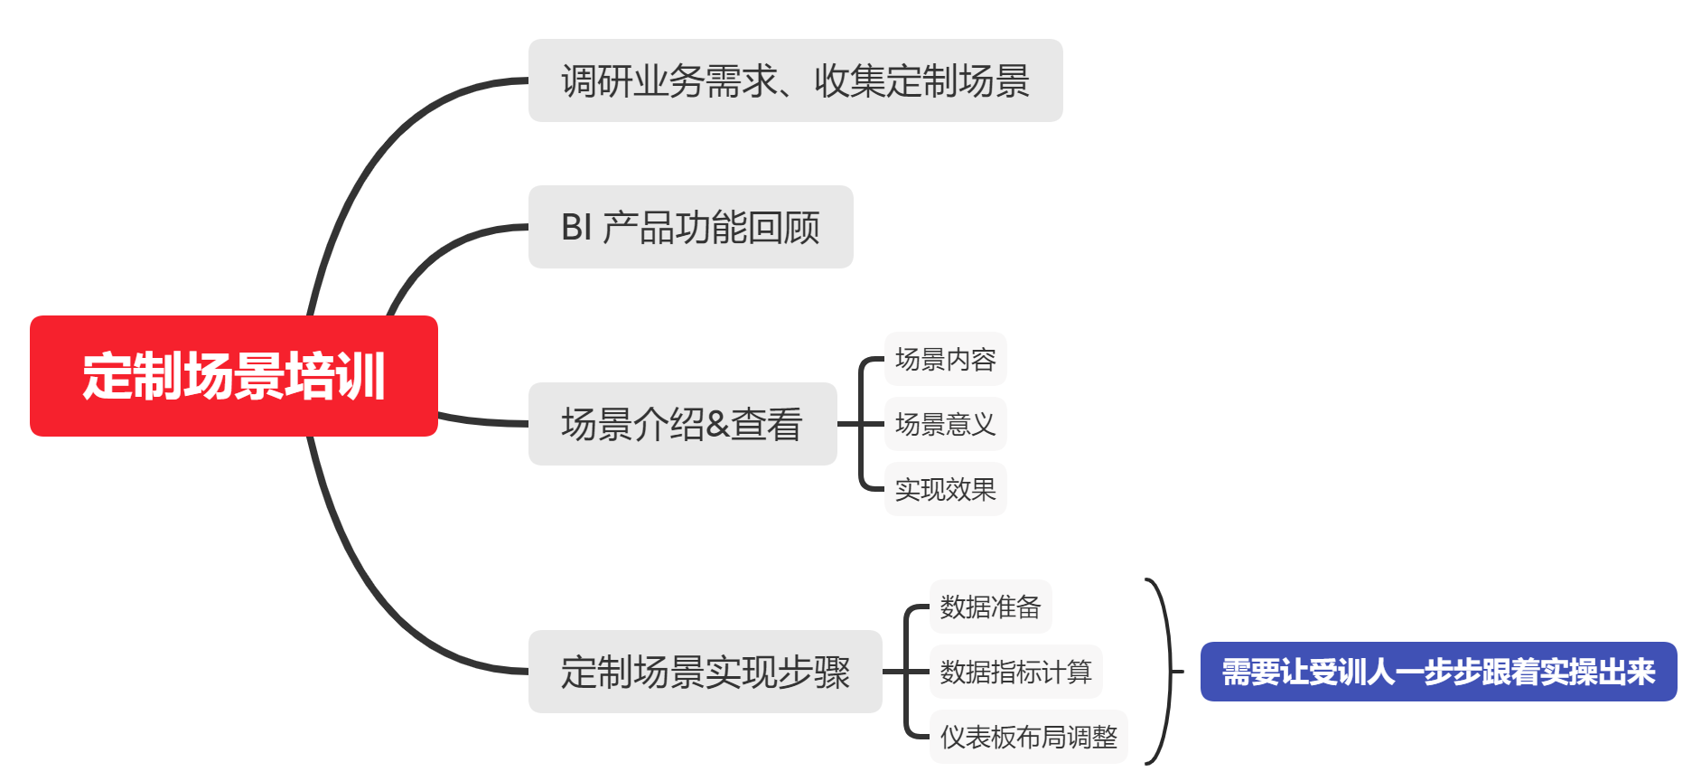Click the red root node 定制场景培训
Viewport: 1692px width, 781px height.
tap(233, 376)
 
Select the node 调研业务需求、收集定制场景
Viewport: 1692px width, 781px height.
tap(795, 80)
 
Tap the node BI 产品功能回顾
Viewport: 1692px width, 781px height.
tap(690, 227)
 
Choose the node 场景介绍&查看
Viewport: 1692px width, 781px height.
tap(682, 424)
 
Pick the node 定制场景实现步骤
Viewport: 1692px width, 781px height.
tap(705, 672)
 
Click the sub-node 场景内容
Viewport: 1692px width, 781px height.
tap(945, 359)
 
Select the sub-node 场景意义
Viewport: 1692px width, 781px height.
tap(945, 424)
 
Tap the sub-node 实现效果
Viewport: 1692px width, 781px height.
tap(945, 489)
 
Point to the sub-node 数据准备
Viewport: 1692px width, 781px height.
tap(990, 607)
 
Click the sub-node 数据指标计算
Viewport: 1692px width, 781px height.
tap(1015, 672)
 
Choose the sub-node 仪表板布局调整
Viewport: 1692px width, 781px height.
tap(1028, 737)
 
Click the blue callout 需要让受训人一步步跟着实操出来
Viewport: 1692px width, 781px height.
tap(1438, 672)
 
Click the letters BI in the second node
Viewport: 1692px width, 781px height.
tap(576, 228)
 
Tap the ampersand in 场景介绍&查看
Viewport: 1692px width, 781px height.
tap(717, 425)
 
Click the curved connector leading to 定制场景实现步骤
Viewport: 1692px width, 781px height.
tap(379, 597)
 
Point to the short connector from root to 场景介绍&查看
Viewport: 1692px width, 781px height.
tap(483, 420)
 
